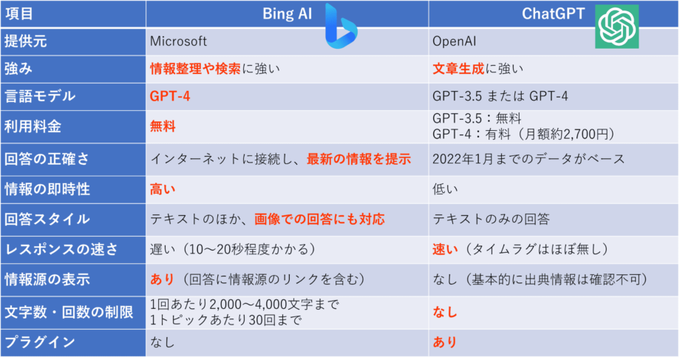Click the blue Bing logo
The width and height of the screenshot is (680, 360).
pos(341,27)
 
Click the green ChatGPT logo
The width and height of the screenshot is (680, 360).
pos(616,27)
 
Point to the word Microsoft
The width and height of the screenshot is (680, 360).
pos(178,41)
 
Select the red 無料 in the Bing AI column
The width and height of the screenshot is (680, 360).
pos(163,126)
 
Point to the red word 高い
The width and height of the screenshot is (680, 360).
pos(163,189)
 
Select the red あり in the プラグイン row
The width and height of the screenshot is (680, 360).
pos(445,342)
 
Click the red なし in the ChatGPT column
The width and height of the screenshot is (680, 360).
pos(445,312)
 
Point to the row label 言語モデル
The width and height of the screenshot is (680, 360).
pos(40,97)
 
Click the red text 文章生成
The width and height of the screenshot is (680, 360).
pos(458,69)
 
